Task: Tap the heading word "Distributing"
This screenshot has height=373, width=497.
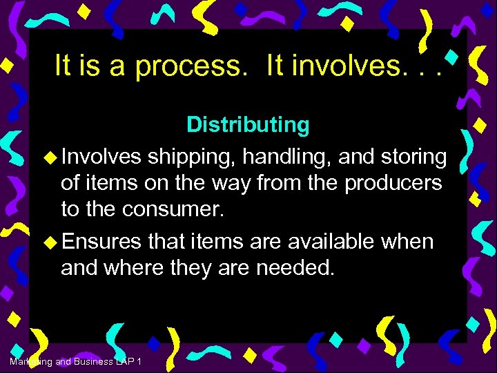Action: click(x=248, y=125)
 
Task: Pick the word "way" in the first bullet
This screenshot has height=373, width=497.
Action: click(x=233, y=184)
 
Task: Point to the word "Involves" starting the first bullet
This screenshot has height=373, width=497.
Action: click(x=100, y=157)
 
